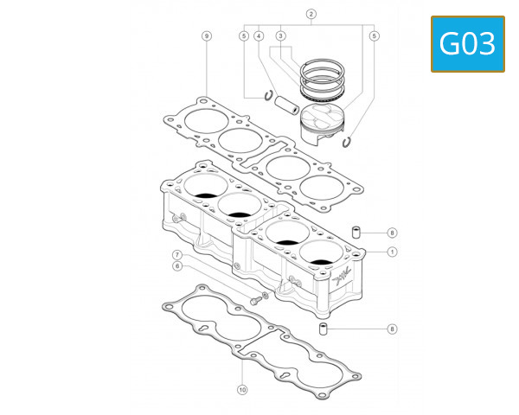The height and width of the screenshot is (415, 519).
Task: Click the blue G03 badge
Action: [468, 43]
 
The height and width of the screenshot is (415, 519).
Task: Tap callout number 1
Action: [392, 252]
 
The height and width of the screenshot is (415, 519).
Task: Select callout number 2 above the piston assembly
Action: [311, 15]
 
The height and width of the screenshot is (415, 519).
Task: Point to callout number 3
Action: [281, 35]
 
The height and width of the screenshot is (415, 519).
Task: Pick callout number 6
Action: [176, 266]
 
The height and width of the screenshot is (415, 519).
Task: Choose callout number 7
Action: [176, 255]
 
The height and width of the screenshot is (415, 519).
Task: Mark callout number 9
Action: [206, 35]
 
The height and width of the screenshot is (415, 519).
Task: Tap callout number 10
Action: [242, 389]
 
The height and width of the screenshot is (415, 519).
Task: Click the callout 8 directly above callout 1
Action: [392, 233]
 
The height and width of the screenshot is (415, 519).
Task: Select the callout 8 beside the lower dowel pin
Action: [392, 329]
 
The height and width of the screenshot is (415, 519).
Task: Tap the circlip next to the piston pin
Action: [269, 95]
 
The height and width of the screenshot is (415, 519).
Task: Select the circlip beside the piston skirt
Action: [348, 143]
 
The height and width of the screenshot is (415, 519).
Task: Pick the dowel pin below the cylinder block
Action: [324, 329]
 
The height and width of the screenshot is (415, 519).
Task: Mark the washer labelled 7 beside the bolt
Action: [265, 296]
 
